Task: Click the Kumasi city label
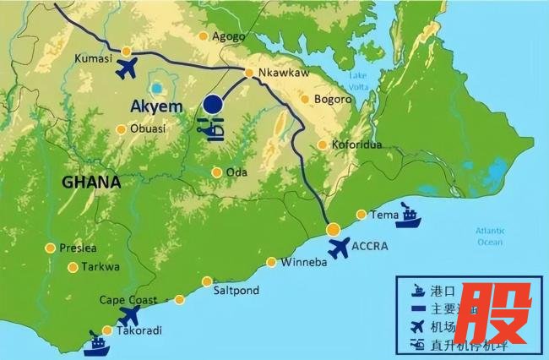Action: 94,58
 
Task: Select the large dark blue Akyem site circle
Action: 212,105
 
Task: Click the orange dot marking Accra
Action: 334,229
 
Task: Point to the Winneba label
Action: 302,262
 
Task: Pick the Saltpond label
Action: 236,290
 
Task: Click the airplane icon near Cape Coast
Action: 129,316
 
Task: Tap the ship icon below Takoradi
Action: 96,344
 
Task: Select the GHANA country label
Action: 91,183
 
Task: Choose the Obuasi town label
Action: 148,128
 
